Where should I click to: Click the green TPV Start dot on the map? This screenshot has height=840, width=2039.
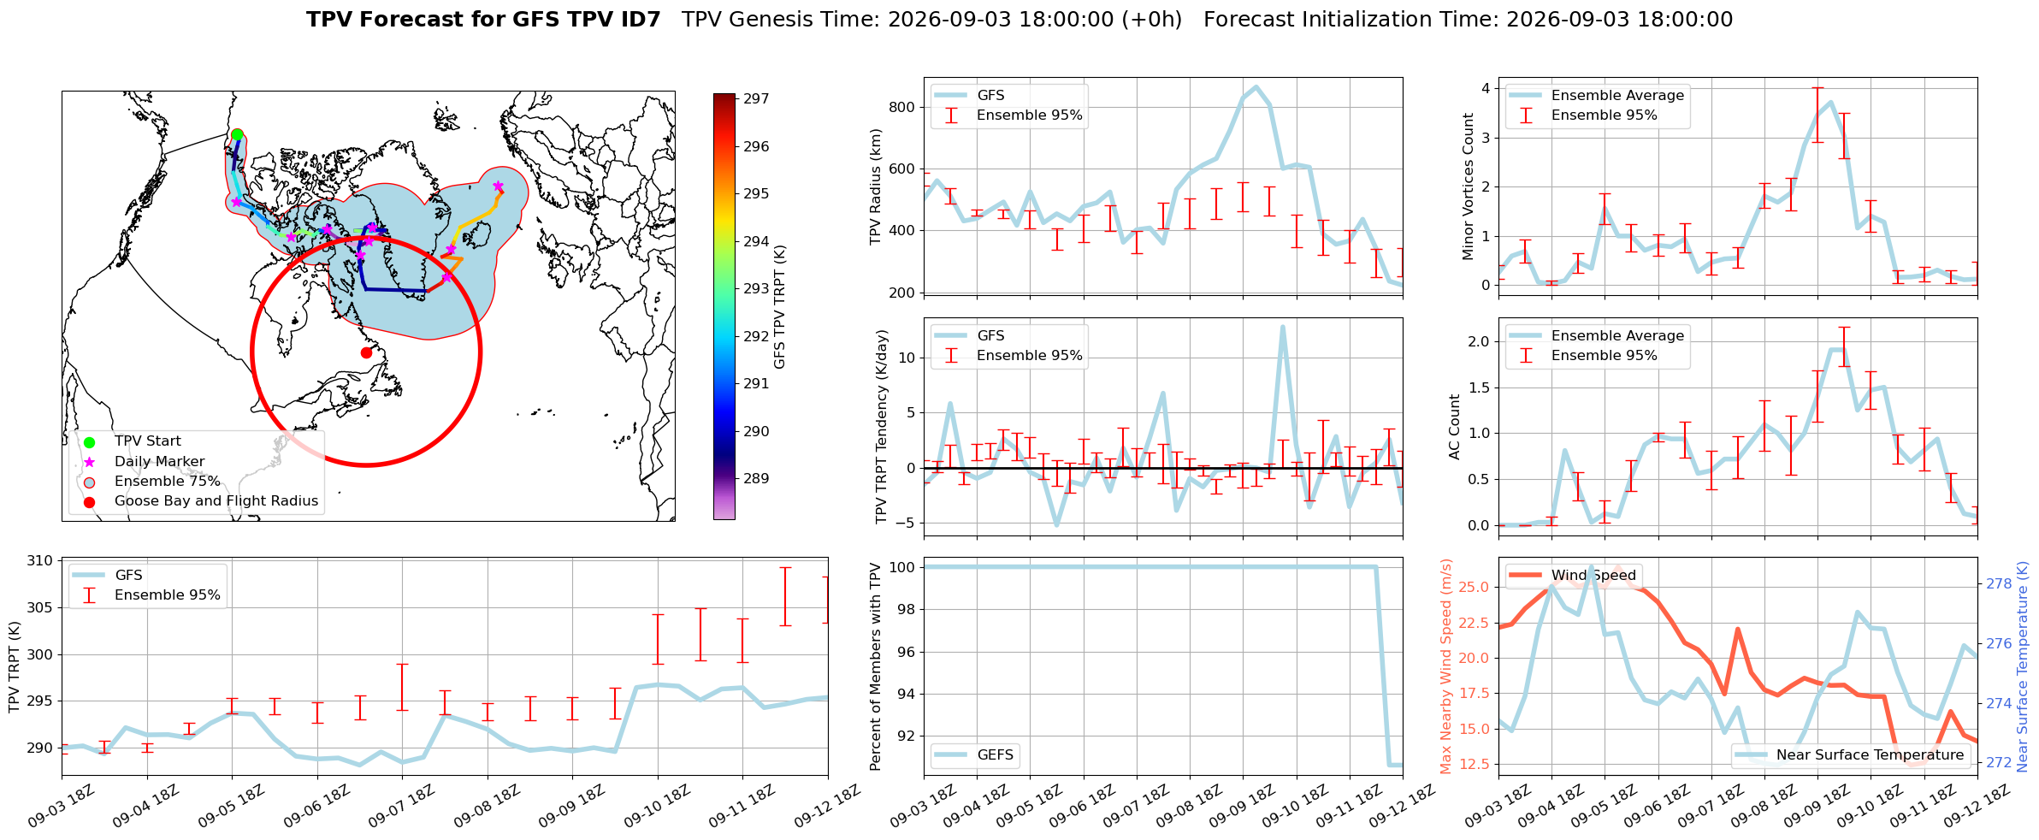[x=237, y=134]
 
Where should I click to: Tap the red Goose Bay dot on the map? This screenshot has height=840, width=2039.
[x=366, y=352]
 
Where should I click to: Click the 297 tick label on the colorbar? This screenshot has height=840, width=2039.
[x=756, y=99]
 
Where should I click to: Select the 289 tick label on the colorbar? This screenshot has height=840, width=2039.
[x=756, y=479]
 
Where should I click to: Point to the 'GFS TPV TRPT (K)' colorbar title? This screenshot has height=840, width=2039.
[x=779, y=307]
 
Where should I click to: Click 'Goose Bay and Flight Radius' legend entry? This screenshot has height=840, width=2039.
[x=216, y=501]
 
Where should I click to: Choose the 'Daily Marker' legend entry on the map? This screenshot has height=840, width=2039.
[x=160, y=462]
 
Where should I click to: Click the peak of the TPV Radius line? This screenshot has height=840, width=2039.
[x=1256, y=86]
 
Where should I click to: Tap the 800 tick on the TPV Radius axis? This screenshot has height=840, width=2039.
[x=903, y=107]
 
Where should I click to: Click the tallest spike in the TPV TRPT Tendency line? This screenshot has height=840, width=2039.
[x=1282, y=326]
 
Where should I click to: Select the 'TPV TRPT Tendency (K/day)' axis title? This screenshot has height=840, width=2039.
[x=882, y=427]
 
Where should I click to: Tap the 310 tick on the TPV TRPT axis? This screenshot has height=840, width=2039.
[x=39, y=561]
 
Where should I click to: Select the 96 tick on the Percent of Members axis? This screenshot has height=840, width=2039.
[x=905, y=652]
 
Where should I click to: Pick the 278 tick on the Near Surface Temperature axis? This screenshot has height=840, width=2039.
[x=1999, y=584]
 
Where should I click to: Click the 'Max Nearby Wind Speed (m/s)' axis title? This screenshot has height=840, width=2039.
[x=1446, y=666]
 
